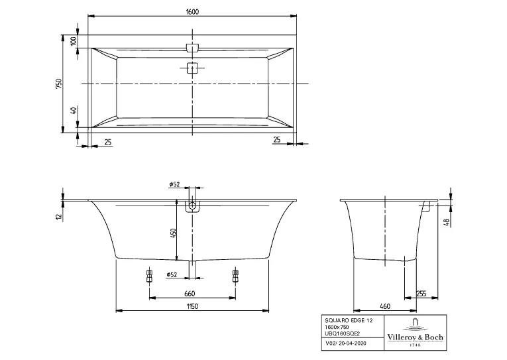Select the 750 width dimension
59,84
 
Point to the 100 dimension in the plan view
74,40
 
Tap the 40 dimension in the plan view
74,110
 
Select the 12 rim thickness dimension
59,216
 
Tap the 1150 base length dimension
192,306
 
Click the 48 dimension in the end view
447,223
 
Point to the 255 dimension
421,294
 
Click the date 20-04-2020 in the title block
351,343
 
